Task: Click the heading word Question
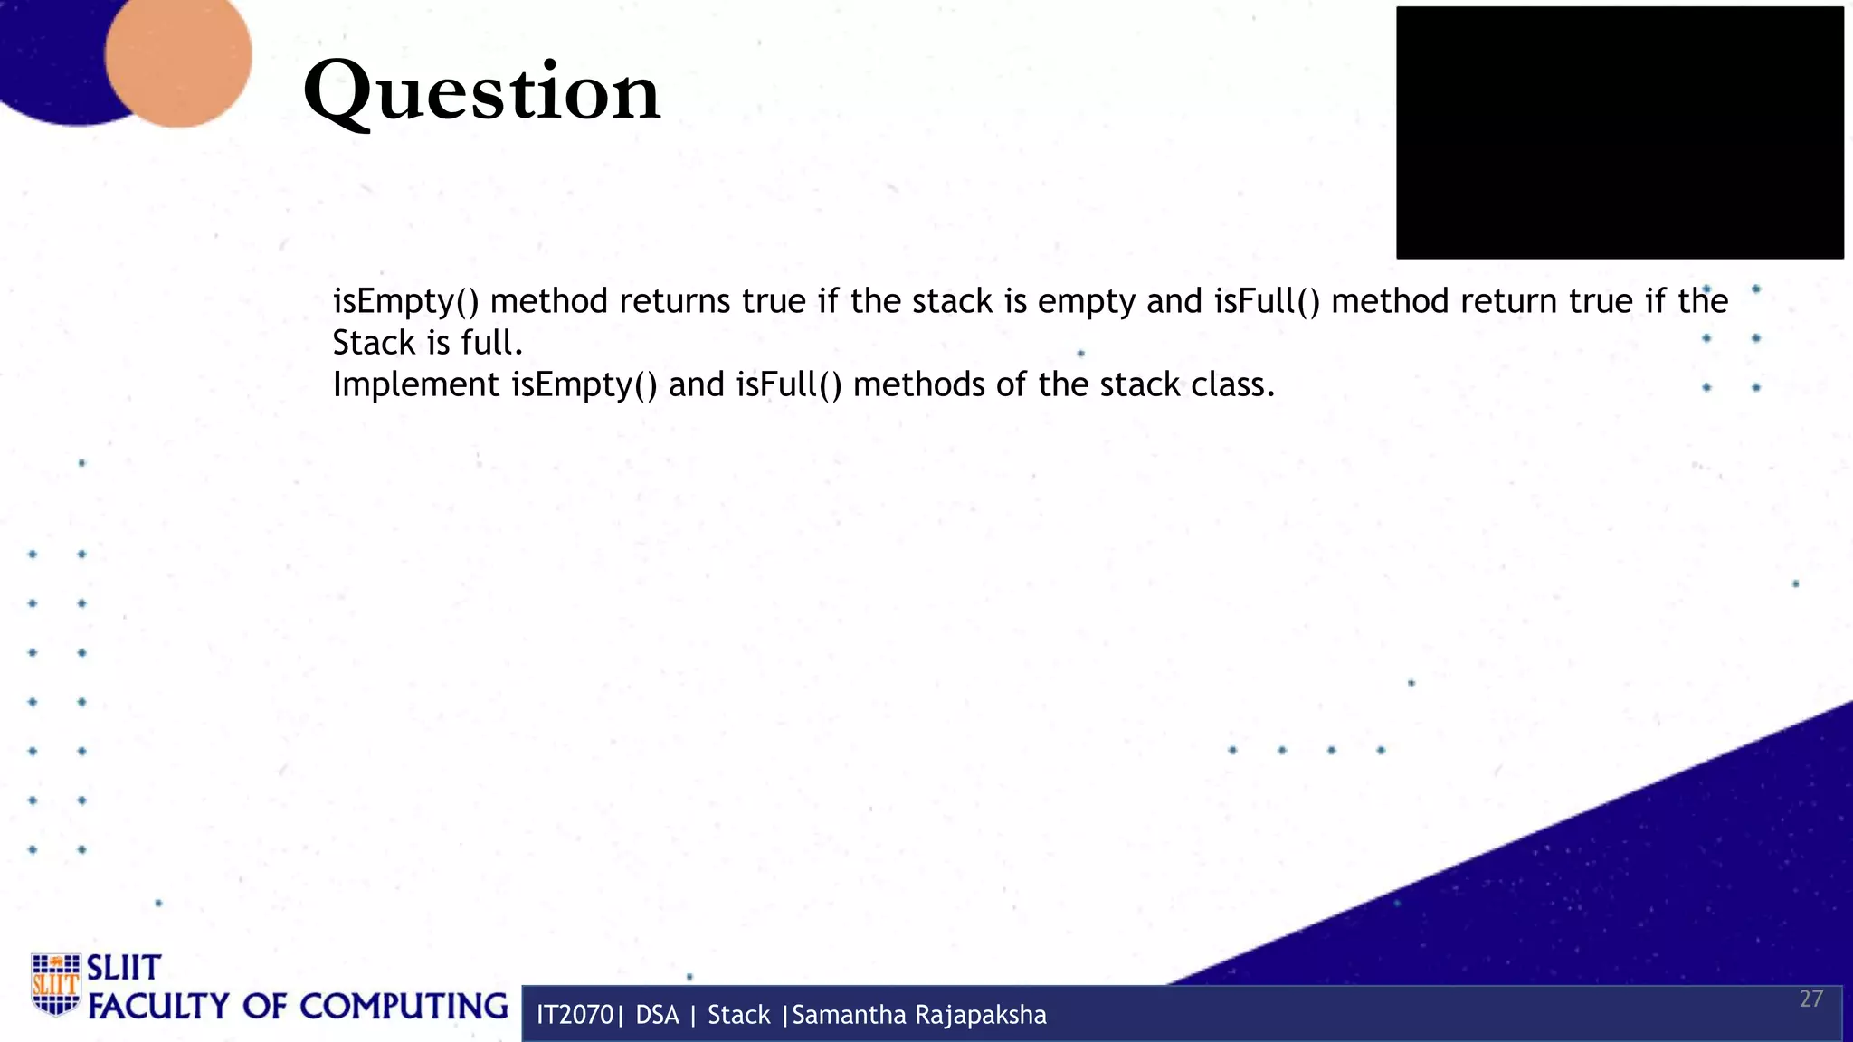click(481, 92)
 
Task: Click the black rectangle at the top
click(1620, 133)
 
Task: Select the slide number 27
click(1810, 999)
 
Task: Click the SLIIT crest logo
click(55, 984)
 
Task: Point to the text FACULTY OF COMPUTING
click(298, 1006)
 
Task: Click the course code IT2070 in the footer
click(575, 1015)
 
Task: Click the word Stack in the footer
click(738, 1015)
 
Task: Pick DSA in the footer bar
click(657, 1015)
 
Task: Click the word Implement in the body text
click(416, 385)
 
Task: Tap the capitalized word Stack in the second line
click(374, 343)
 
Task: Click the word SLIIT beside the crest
click(123, 968)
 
